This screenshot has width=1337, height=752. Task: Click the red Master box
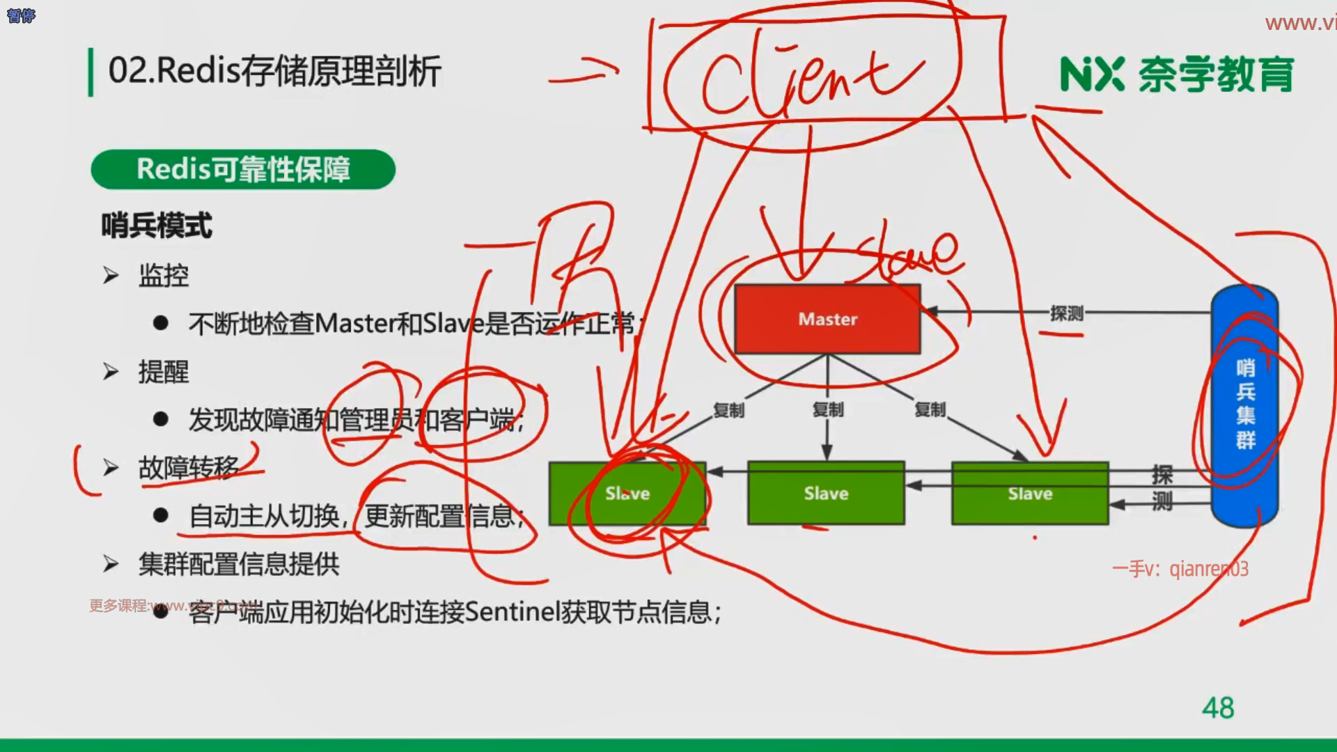coord(827,319)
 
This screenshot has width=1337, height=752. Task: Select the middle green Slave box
coord(826,493)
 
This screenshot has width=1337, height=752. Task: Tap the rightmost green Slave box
coord(1030,493)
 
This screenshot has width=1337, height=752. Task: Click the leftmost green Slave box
coord(627,493)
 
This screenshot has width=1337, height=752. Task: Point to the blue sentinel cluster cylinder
coord(1245,405)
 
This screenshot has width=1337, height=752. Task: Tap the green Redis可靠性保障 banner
coord(243,169)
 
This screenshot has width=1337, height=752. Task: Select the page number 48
coord(1218,708)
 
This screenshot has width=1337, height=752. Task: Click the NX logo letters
coord(1092,75)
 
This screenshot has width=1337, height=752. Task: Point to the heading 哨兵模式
coord(157,226)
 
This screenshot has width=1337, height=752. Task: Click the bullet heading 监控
coord(164,276)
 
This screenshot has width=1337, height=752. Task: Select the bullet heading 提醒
coord(164,372)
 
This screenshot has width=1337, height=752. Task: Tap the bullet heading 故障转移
coord(189,468)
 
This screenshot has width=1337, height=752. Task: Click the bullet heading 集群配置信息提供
coord(239,564)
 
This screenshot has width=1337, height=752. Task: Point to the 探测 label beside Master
coord(1066,313)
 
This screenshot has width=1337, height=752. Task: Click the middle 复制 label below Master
coord(828,409)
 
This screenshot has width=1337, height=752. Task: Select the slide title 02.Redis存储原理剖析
coord(274,71)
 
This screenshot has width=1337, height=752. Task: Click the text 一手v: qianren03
coord(1180,569)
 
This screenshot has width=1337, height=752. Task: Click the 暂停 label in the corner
coord(21,15)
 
